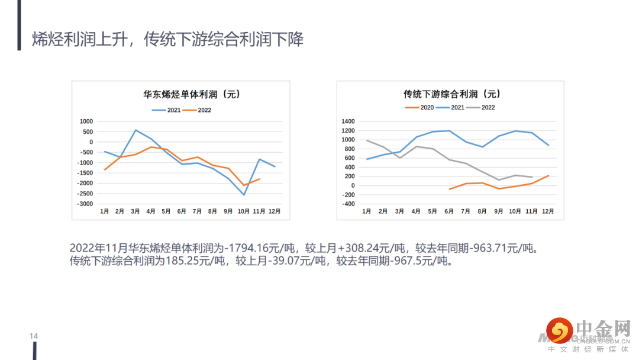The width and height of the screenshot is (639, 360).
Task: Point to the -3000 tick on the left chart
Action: (x=86, y=204)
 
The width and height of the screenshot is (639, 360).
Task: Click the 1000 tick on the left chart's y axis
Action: (x=87, y=121)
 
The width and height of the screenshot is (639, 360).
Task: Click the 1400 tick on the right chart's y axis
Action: (x=348, y=121)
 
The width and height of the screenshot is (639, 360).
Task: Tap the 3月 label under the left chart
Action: (x=135, y=211)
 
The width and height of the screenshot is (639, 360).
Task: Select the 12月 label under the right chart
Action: (x=548, y=211)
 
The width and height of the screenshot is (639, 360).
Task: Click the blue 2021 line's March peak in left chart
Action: (x=135, y=130)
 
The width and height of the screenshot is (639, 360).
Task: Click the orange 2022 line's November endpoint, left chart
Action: (x=259, y=179)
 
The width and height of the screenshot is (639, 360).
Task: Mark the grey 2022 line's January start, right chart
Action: (x=367, y=140)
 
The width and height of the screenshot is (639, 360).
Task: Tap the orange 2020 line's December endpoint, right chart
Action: (x=548, y=175)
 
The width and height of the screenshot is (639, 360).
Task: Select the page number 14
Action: (x=34, y=336)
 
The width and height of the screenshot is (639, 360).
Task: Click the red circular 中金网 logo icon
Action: (x=559, y=331)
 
